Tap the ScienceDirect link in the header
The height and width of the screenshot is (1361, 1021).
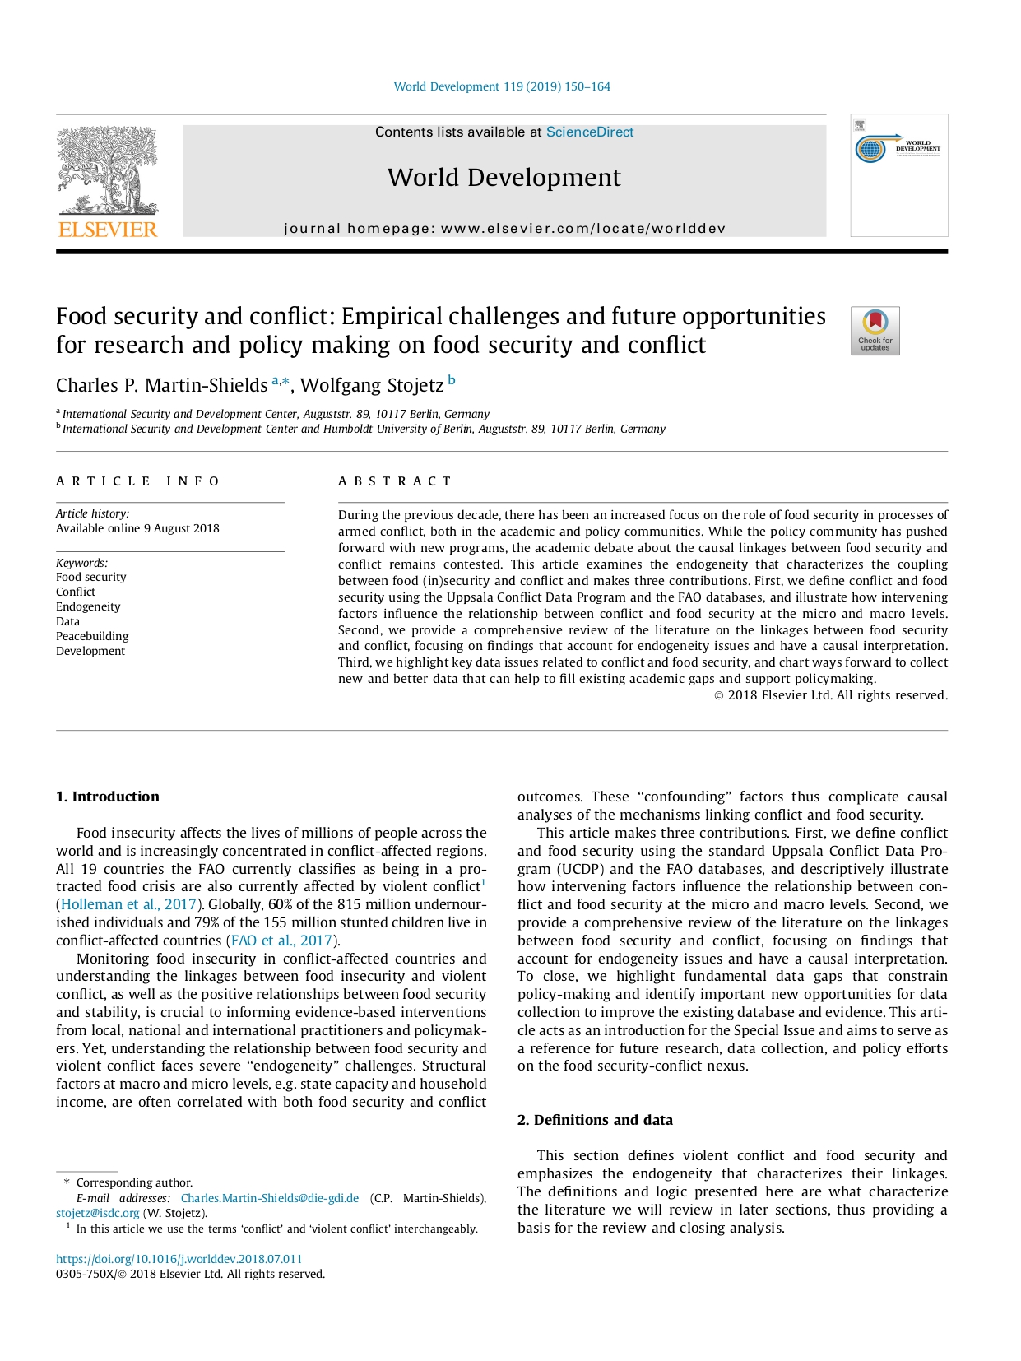(x=590, y=132)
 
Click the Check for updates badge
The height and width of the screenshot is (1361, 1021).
(x=875, y=331)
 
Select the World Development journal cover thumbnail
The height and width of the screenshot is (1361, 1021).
(x=898, y=175)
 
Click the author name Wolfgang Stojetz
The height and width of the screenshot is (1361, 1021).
(x=372, y=386)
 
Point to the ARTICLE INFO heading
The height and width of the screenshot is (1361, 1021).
(x=137, y=481)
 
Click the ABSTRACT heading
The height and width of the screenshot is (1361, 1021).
(x=395, y=481)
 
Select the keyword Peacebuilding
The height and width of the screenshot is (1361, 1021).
(x=92, y=636)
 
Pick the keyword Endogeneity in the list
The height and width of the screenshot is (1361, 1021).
(x=88, y=606)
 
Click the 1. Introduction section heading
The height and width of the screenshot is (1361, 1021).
(x=108, y=797)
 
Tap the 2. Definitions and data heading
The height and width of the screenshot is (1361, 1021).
(x=595, y=1120)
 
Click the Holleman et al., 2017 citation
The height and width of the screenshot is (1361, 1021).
(x=128, y=904)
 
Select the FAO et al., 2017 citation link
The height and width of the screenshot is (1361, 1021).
(x=282, y=941)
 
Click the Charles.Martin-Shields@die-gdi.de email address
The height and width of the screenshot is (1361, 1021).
(x=270, y=1198)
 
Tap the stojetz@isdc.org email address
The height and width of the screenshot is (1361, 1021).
(x=98, y=1213)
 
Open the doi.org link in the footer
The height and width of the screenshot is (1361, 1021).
(x=179, y=1259)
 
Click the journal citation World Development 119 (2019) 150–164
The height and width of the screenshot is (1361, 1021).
(x=502, y=86)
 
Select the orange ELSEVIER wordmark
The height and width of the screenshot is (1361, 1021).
(x=108, y=230)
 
